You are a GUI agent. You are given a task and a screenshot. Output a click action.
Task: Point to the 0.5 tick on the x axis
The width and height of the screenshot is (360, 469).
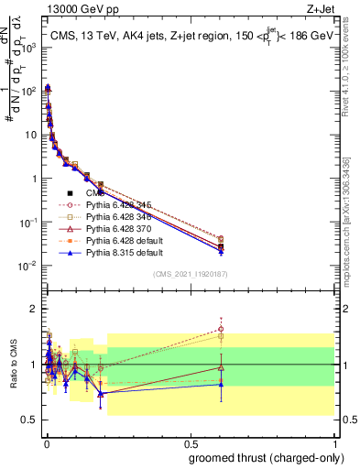click(x=191, y=442)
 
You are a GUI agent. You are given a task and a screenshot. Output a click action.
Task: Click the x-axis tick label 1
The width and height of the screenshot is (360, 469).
click(x=335, y=442)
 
